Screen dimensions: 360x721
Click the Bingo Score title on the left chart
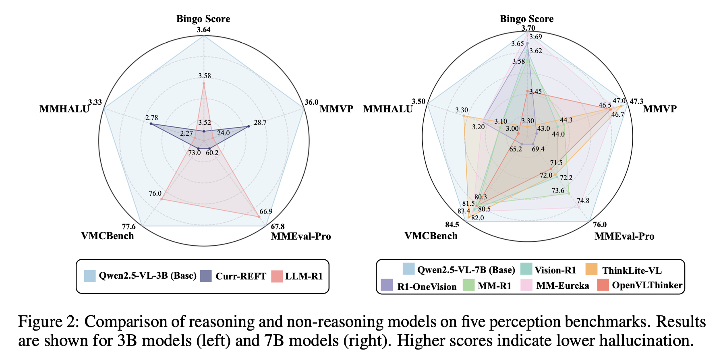[203, 19]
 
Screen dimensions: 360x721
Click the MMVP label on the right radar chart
[659, 109]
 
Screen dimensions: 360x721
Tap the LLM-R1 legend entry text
[304, 276]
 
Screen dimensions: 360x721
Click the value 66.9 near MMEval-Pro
[266, 212]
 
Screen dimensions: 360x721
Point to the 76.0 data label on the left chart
[155, 194]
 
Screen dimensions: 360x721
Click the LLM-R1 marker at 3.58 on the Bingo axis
[204, 84]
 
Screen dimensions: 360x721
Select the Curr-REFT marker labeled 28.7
[248, 126]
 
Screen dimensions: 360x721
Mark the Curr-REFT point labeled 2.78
[151, 124]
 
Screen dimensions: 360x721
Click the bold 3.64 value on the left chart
[203, 30]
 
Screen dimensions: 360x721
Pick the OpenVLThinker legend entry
[647, 285]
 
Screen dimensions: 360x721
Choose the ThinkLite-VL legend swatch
[591, 269]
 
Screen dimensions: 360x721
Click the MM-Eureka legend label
[562, 286]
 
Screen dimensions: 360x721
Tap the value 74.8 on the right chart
[583, 201]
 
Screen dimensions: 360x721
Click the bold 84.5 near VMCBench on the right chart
[452, 225]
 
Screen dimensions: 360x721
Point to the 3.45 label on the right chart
[535, 92]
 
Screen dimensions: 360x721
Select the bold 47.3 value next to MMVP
[636, 101]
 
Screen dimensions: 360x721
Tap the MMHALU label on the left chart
[64, 109]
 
